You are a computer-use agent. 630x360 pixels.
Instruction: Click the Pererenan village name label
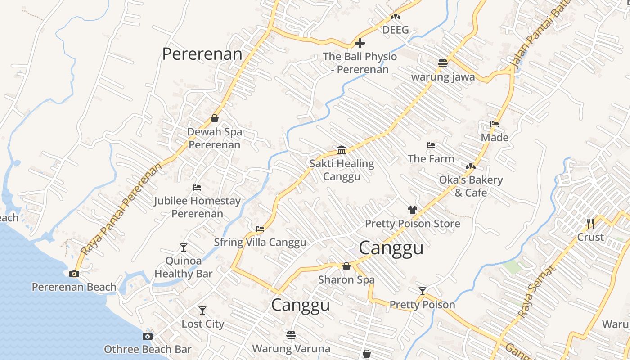pos(202,54)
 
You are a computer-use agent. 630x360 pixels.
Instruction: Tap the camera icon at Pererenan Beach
pos(74,274)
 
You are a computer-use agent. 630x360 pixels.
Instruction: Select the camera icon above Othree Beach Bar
pos(148,336)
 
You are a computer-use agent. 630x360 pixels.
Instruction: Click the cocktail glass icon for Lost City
pos(202,310)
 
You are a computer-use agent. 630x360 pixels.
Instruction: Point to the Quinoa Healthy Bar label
pos(184,267)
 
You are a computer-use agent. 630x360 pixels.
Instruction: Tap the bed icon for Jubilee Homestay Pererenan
pos(197,188)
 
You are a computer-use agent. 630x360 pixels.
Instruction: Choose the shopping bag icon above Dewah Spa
pos(215,119)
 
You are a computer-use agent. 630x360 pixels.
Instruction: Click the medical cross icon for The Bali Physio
pos(360,44)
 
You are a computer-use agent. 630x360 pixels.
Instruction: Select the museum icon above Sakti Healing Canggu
pos(342,150)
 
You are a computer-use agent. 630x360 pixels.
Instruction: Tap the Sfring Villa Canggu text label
pos(260,242)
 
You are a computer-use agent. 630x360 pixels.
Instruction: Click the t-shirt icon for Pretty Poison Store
pos(412,210)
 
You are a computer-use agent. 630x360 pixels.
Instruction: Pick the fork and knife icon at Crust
pos(590,223)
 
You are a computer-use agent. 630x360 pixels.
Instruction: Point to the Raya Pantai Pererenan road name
pos(122,210)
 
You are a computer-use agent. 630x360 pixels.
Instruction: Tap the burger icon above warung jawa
pos(443,63)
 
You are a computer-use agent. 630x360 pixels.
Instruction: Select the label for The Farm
pos(431,158)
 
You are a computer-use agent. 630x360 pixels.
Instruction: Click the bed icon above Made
pos(495,124)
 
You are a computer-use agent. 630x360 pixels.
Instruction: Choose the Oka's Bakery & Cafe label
pos(471,186)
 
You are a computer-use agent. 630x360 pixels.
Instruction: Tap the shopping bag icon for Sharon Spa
pos(346,266)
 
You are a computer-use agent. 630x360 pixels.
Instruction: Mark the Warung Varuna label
pos(291,348)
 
